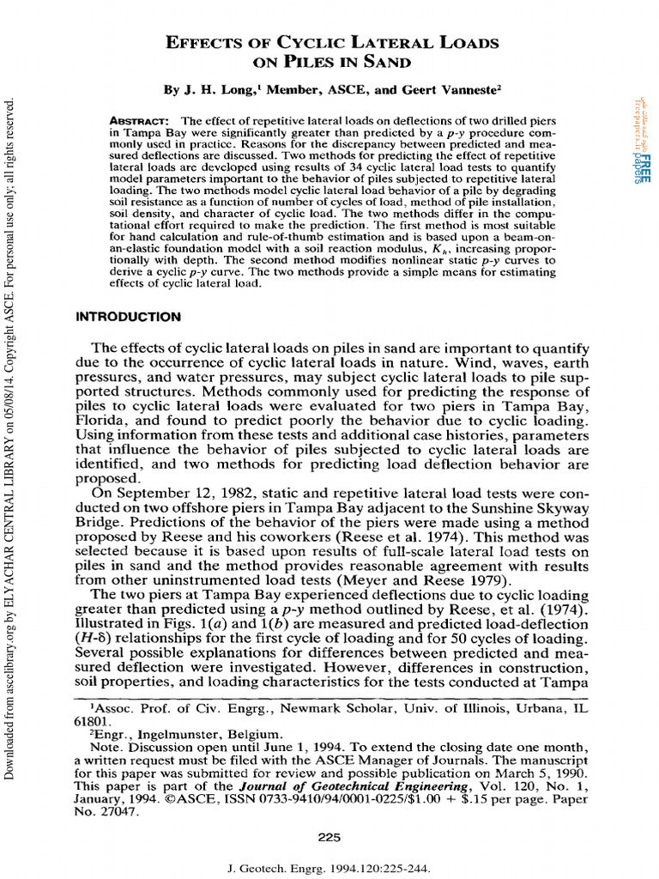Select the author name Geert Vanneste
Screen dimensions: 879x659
(x=426, y=89)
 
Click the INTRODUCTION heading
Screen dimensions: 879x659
(x=129, y=317)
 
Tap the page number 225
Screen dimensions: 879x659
(x=329, y=838)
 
